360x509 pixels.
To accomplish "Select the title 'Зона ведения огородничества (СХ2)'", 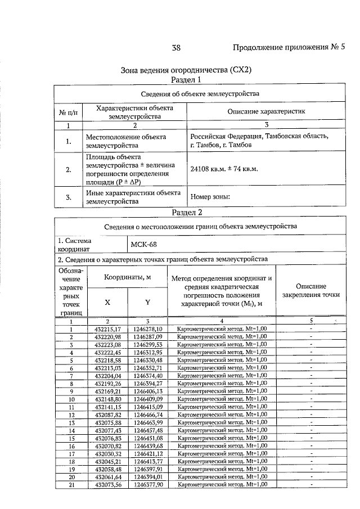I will coord(186,71).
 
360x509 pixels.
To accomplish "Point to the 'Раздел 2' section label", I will coord(186,212).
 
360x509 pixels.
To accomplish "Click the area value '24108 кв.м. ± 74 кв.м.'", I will coord(223,168).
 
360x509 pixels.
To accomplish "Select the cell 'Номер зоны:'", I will coord(210,197).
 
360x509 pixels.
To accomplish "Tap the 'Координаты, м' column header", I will coord(128,277).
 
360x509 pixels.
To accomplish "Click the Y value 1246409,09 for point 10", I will coord(148,399).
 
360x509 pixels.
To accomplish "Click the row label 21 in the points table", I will coord(71,484).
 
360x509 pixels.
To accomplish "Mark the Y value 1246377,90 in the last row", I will coord(148,484).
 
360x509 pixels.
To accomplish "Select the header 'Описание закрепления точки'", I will coord(310,290).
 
